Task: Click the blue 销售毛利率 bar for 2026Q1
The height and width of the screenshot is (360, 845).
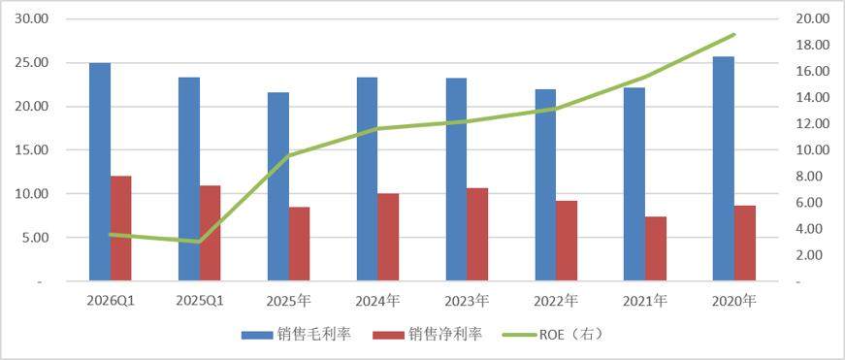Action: (x=100, y=172)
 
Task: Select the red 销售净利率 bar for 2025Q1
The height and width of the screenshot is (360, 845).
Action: (x=211, y=233)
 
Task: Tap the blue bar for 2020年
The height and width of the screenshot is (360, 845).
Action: (x=723, y=169)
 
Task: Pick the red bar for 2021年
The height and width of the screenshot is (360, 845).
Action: (x=656, y=249)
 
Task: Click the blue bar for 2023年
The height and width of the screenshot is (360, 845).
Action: (x=456, y=180)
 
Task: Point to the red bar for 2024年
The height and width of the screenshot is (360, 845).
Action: (x=388, y=237)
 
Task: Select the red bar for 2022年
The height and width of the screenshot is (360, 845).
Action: (x=567, y=241)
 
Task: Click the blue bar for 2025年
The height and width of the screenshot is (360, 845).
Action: (x=278, y=187)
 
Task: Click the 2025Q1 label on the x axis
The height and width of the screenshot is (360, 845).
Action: (x=200, y=301)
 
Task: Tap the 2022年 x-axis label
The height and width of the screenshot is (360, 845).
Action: (x=556, y=301)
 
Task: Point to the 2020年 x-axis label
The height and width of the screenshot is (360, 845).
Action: (x=734, y=301)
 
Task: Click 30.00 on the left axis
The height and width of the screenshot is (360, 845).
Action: (x=33, y=18)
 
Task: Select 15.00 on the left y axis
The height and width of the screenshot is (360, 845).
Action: (x=33, y=150)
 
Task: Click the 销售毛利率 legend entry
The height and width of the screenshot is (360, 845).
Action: (x=297, y=335)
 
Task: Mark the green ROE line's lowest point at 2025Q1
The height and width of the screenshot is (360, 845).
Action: (x=200, y=242)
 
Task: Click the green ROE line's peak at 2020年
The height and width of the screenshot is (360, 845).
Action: (x=734, y=35)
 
